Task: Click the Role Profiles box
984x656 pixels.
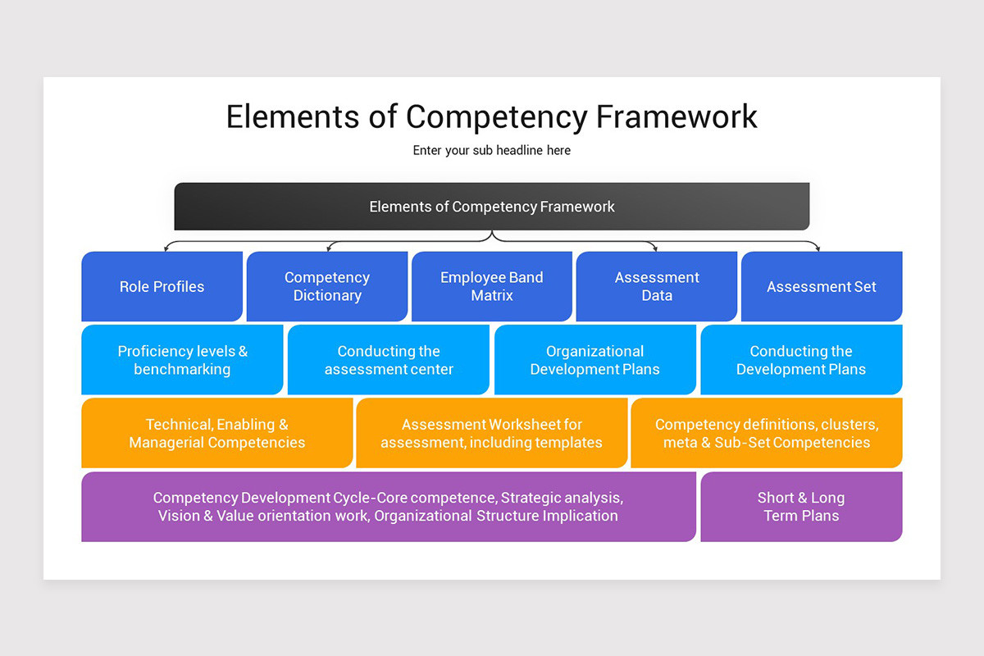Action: [162, 286]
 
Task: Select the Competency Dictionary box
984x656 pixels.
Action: [327, 286]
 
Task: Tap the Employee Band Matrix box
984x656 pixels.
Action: [492, 286]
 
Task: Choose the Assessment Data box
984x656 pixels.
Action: [657, 286]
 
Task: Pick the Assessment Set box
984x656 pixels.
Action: [822, 286]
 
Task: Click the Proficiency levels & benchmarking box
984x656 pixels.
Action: [182, 360]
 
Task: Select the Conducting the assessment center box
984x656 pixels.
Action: [389, 360]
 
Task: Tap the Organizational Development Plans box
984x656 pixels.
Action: [595, 360]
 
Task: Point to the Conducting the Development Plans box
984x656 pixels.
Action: [801, 360]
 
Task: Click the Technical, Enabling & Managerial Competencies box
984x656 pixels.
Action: [217, 433]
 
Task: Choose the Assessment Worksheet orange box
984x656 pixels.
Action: [492, 433]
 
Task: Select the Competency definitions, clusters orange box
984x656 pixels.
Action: [767, 433]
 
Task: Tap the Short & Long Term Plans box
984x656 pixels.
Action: [801, 507]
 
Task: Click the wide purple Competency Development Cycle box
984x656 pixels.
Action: [389, 507]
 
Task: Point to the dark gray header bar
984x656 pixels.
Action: [492, 207]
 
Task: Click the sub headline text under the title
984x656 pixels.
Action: [492, 151]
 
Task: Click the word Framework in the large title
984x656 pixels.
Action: [676, 116]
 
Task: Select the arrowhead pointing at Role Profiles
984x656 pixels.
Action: [166, 247]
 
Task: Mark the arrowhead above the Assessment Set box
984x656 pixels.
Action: [818, 247]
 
